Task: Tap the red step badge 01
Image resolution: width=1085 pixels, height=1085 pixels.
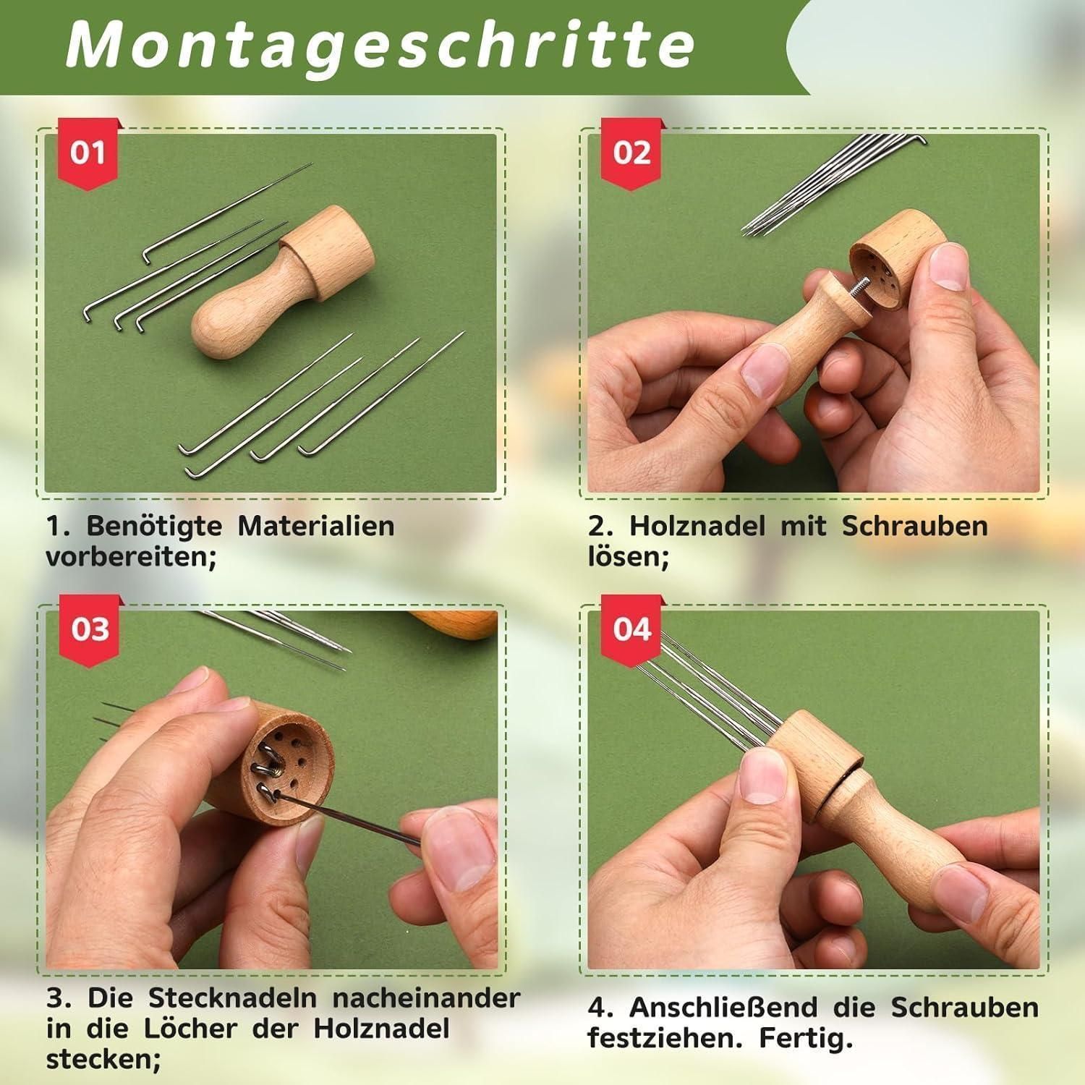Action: tap(88, 153)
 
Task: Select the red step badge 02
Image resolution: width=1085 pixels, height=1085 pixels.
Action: tap(631, 153)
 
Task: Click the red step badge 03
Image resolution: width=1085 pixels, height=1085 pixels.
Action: tap(89, 629)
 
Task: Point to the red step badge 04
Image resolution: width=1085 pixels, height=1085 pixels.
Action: tap(631, 629)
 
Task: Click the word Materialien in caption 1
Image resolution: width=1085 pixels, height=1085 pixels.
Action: tap(316, 526)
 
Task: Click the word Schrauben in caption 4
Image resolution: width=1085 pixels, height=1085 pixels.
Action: tap(964, 1007)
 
